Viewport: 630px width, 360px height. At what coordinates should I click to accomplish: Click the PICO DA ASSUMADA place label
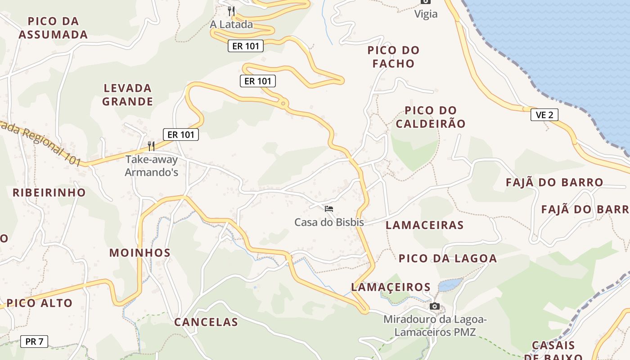click(53, 28)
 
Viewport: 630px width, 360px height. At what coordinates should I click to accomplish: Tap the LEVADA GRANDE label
click(128, 94)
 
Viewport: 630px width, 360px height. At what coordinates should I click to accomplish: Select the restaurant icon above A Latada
click(231, 10)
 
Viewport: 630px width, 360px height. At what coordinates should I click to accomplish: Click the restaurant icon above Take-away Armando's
click(151, 146)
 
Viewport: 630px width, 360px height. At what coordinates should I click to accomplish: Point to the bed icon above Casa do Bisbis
click(329, 208)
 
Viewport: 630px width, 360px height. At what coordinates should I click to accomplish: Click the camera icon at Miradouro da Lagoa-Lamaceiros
click(434, 306)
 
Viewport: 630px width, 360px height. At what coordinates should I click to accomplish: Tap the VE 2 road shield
click(544, 115)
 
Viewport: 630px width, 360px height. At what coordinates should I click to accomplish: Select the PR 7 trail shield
click(34, 342)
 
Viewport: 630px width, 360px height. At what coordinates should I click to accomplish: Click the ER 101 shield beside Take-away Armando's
click(180, 134)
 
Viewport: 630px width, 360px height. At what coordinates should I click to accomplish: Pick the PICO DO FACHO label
click(393, 57)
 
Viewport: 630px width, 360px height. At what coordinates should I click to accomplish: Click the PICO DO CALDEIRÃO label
click(435, 117)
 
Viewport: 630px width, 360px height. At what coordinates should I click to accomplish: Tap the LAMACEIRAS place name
click(425, 225)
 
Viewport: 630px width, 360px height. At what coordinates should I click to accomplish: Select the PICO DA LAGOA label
click(448, 258)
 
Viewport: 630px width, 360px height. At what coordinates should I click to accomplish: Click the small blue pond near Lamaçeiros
click(450, 284)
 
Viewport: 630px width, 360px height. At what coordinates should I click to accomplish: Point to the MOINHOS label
click(140, 252)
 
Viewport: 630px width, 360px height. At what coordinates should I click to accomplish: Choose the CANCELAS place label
click(206, 322)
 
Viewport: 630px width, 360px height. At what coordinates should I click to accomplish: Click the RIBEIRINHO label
click(49, 193)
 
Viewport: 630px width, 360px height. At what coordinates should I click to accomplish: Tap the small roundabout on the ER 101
click(283, 104)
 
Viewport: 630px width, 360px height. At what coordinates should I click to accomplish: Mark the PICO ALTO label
click(40, 303)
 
